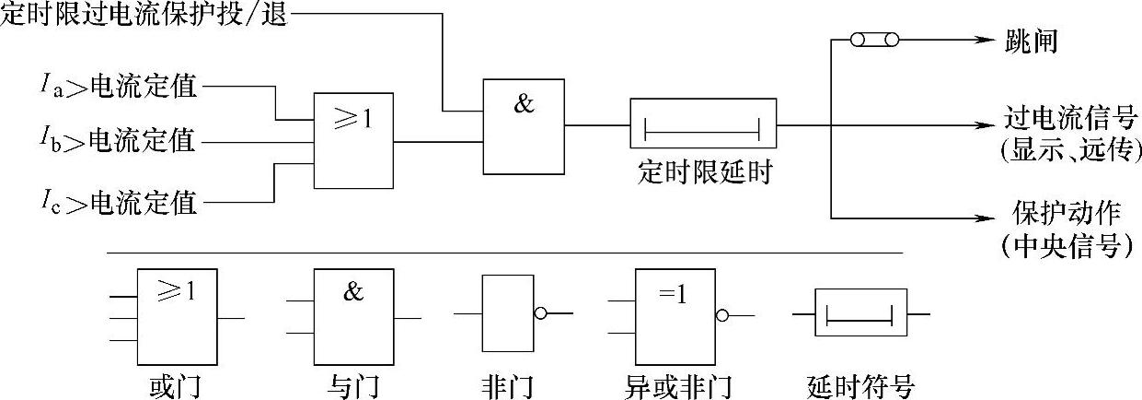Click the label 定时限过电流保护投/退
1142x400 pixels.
click(x=144, y=16)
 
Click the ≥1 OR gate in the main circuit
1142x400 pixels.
click(x=354, y=140)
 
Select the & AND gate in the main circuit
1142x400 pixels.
click(x=524, y=125)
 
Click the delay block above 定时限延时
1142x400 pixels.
click(x=702, y=124)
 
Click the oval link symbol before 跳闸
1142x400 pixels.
click(x=873, y=41)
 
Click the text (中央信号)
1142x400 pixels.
click(x=1067, y=248)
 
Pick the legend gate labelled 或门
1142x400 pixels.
click(x=179, y=317)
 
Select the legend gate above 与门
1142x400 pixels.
click(x=355, y=317)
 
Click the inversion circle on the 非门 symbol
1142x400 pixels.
click(x=540, y=314)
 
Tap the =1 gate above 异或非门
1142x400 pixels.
click(x=675, y=317)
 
